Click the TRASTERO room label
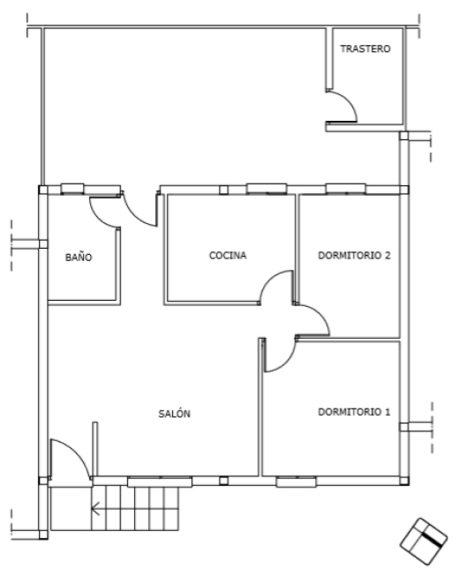point(365,49)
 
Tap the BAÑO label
point(79,257)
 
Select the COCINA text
point(228,255)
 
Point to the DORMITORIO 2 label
point(354,255)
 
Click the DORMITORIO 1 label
point(354,412)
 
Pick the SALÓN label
point(175,414)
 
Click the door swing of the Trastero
point(349,101)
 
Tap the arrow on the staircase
point(95,508)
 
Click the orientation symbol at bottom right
point(423,541)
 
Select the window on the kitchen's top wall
point(266,189)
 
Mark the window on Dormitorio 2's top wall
point(346,189)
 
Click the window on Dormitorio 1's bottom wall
point(296,482)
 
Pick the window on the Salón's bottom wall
point(160,482)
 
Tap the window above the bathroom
point(72,189)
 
